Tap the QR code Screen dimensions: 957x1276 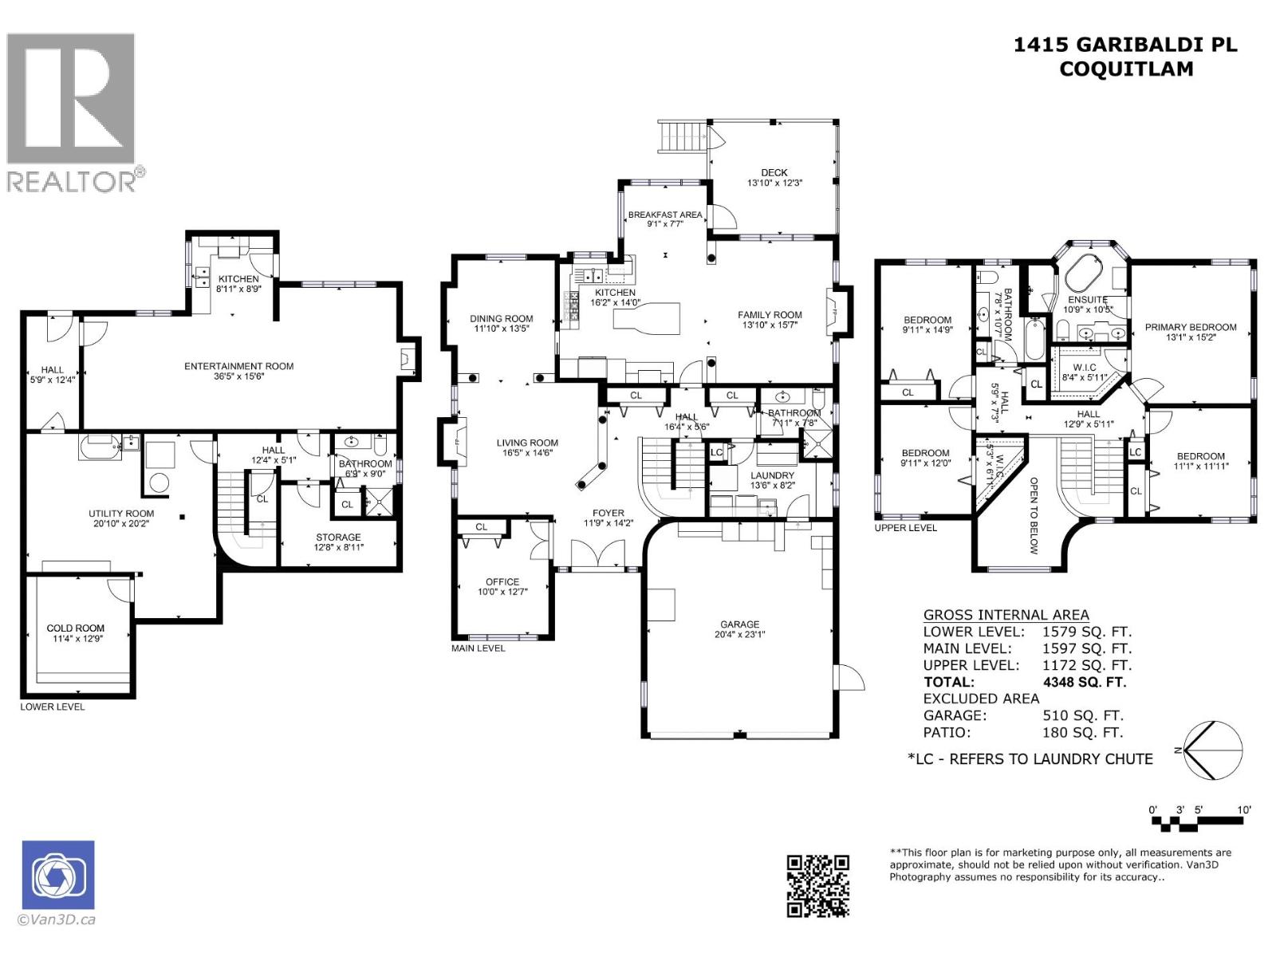tap(817, 885)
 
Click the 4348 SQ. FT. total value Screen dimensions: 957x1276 tap(1084, 682)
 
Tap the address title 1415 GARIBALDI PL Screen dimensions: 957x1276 tap(1125, 45)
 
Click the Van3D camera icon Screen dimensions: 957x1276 tap(58, 875)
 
